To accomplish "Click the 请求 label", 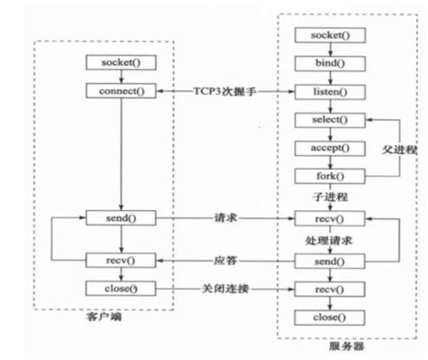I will pos(224,217).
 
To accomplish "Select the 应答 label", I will pos(224,260).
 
